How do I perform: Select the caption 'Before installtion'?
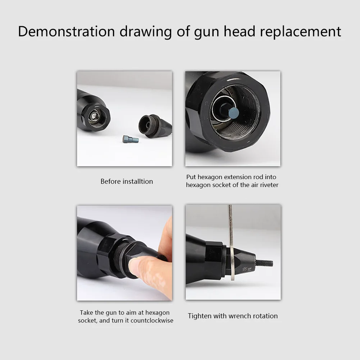tap(127, 182)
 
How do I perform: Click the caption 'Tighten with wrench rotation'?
tap(233, 316)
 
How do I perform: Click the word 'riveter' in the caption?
tap(269, 185)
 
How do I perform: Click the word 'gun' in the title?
tap(208, 32)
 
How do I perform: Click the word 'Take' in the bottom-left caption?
tap(86, 313)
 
